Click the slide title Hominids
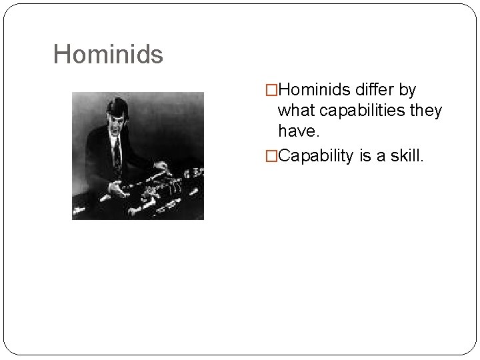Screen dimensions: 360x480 108,55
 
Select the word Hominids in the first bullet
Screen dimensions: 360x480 315,90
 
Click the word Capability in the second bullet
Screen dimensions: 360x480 316,156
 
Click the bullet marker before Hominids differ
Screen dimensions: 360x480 271,90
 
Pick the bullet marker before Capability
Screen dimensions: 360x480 271,156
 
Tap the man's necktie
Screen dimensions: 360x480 117,153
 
